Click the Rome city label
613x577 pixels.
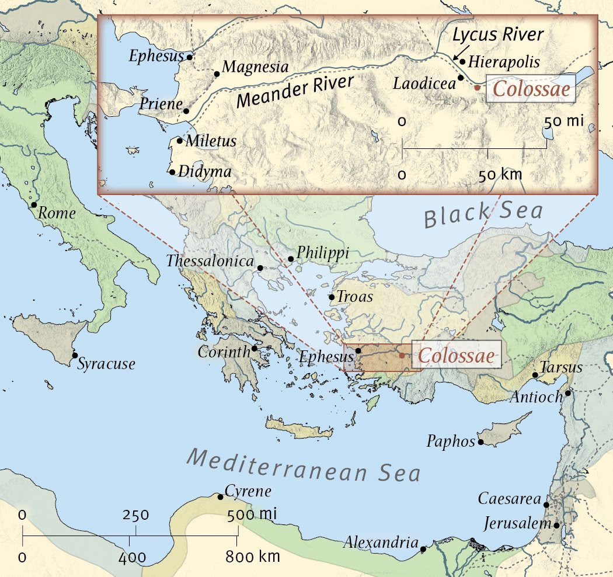pos(57,214)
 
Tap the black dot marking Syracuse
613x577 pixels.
pos(75,355)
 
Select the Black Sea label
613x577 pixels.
pos(483,215)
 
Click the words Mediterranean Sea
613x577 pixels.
pos(304,465)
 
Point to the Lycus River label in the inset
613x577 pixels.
pos(498,35)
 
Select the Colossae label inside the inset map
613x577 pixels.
pos(531,91)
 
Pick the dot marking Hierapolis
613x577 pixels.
pos(462,61)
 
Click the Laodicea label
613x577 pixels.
pos(424,84)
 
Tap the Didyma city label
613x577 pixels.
pos(204,172)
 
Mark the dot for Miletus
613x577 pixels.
pos(180,140)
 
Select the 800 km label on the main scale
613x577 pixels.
pos(253,557)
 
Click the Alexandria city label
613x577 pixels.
pos(381,542)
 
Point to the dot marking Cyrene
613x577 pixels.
pos(220,497)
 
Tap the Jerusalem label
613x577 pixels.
pos(517,523)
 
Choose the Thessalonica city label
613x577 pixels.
pos(210,262)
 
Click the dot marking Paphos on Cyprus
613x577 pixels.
pos(481,442)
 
